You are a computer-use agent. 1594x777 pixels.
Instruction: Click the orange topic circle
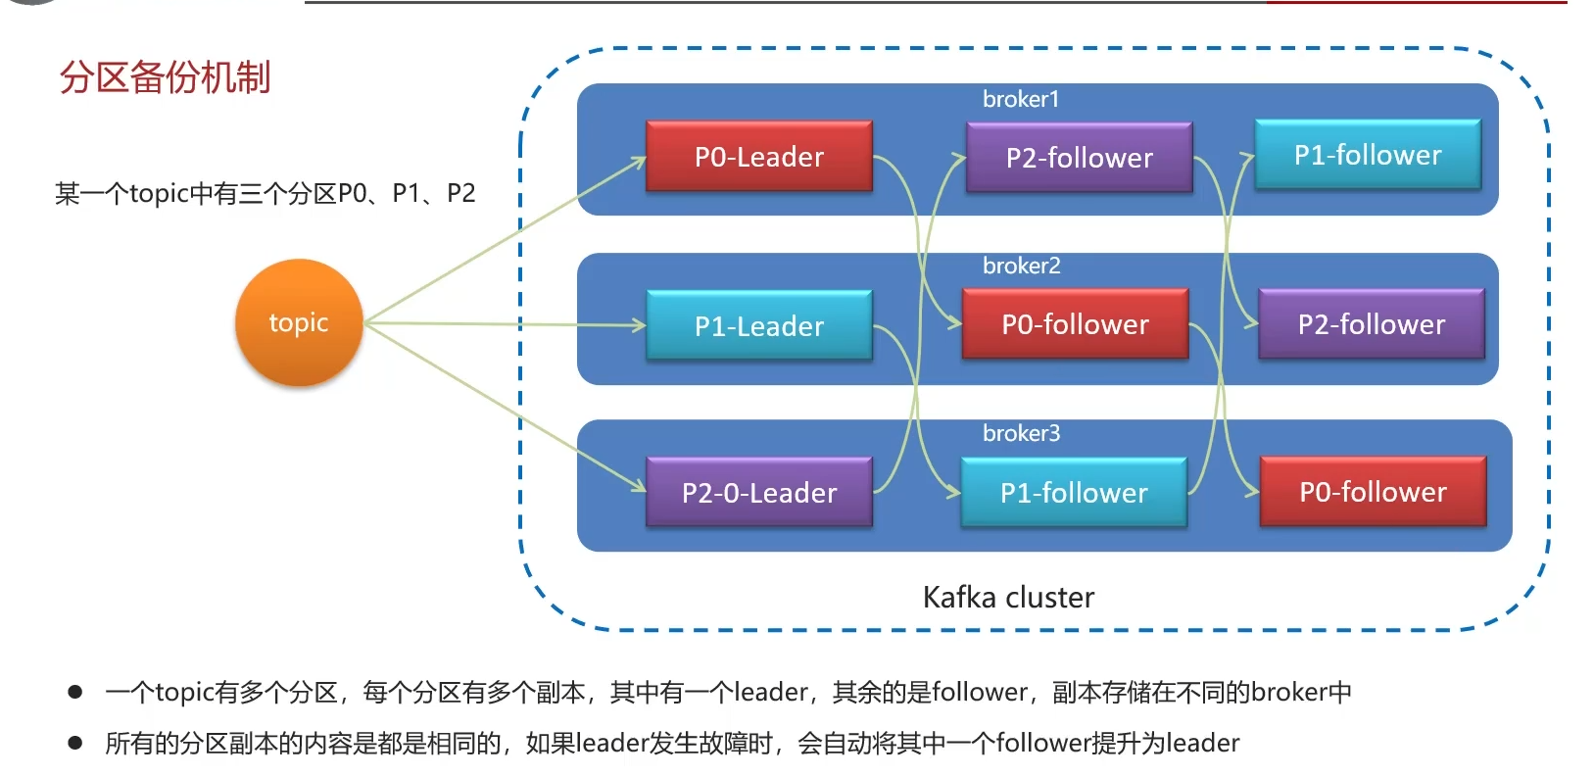(299, 322)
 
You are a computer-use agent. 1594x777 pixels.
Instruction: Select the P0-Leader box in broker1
(759, 157)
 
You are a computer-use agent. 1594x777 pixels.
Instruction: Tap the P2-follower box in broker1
(1079, 158)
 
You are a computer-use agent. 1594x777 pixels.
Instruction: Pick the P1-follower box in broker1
(1368, 155)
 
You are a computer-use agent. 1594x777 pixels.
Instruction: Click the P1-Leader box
(759, 326)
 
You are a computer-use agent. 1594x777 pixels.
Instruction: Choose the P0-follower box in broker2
(1075, 324)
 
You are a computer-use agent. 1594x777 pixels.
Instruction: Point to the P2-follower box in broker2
(1371, 324)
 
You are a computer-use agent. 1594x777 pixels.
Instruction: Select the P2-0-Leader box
(759, 493)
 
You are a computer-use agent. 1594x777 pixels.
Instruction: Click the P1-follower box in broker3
(1074, 493)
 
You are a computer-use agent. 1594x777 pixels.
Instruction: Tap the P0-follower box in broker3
(1373, 492)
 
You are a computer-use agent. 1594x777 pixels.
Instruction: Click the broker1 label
(1021, 99)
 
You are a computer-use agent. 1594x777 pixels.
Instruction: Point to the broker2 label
(1021, 266)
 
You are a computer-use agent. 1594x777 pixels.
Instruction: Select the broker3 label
(1021, 433)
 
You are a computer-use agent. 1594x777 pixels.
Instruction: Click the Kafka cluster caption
(1008, 597)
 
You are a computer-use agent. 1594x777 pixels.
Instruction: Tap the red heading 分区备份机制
(165, 77)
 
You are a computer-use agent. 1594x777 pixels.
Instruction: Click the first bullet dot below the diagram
(75, 692)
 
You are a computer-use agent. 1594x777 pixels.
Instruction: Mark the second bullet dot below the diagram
(75, 743)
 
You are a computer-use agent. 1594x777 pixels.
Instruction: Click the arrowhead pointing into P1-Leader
(640, 325)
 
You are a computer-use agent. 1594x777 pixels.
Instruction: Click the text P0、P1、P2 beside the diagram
(407, 193)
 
